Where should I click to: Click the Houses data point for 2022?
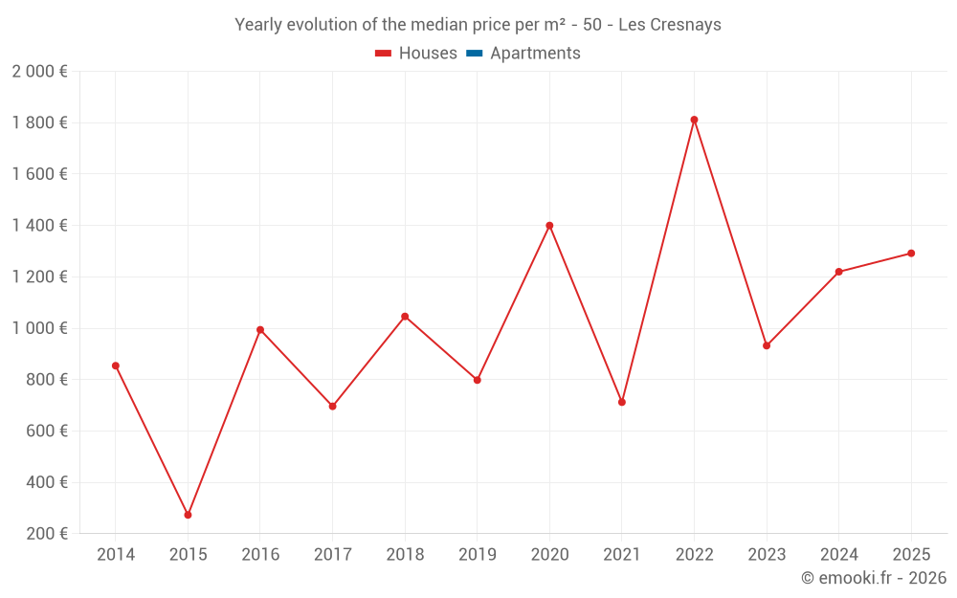tap(694, 120)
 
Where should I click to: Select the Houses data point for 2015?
tap(188, 515)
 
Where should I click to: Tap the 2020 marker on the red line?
tap(549, 226)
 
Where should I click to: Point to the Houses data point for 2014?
tap(116, 365)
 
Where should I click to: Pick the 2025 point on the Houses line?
tap(911, 254)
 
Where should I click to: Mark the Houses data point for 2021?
tap(622, 402)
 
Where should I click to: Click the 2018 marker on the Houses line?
tap(405, 317)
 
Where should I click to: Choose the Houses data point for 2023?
tap(767, 345)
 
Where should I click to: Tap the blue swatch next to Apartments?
tap(474, 54)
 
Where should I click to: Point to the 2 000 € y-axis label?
tap(39, 72)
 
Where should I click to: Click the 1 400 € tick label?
tap(39, 226)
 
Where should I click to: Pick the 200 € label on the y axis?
tap(46, 534)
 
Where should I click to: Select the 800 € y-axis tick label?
tap(46, 380)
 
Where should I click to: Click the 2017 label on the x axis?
tap(332, 555)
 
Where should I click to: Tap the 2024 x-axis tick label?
tap(838, 555)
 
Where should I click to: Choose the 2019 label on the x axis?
tap(477, 555)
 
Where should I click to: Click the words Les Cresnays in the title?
tap(670, 25)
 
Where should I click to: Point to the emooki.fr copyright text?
tap(874, 578)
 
